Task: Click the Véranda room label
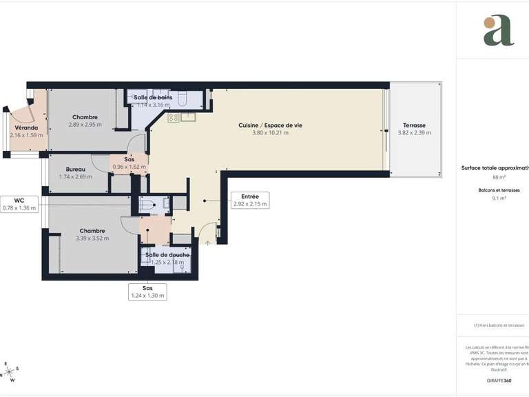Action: pyautogui.click(x=26, y=128)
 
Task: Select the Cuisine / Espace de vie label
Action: pyautogui.click(x=270, y=125)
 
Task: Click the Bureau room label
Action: pyautogui.click(x=76, y=170)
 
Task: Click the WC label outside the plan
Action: pyautogui.click(x=19, y=201)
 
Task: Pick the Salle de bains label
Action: pyautogui.click(x=153, y=98)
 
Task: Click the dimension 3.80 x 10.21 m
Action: pyautogui.click(x=270, y=132)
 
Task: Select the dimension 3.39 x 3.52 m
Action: pyautogui.click(x=92, y=238)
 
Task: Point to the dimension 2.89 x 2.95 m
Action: pyautogui.click(x=85, y=125)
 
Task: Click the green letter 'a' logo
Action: pyautogui.click(x=498, y=30)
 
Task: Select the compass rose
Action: pyautogui.click(x=10, y=371)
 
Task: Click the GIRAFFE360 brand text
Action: pyautogui.click(x=499, y=380)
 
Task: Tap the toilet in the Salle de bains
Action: pyautogui.click(x=183, y=99)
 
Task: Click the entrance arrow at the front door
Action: pyautogui.click(x=207, y=242)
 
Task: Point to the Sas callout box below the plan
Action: pyautogui.click(x=147, y=292)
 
